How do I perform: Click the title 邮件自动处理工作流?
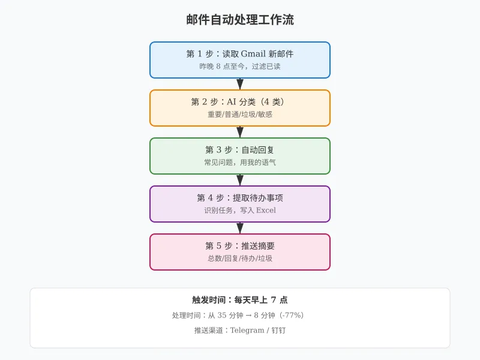point(240,20)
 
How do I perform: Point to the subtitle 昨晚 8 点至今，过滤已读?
point(240,67)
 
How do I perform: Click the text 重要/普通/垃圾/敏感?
point(240,115)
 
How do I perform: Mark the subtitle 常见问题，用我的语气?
point(240,163)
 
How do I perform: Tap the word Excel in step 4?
point(266,211)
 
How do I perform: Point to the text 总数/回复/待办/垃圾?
point(240,259)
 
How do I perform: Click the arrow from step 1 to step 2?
point(240,84)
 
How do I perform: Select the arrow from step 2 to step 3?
point(240,132)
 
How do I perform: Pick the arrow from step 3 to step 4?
point(240,180)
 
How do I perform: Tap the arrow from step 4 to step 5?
point(240,228)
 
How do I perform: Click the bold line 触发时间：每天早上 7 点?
point(240,300)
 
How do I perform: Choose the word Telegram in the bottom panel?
point(247,331)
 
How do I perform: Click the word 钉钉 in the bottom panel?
point(278,331)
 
